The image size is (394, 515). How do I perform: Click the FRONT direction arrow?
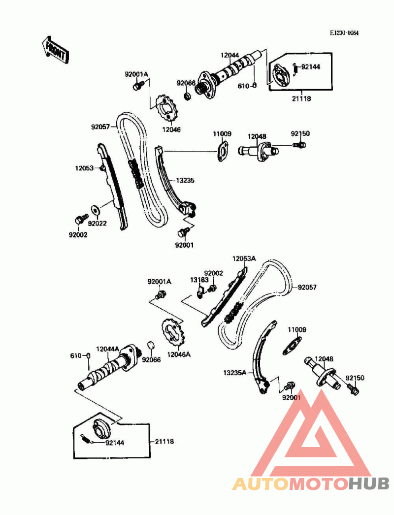pyautogui.click(x=55, y=48)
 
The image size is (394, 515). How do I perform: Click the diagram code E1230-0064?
pyautogui.click(x=344, y=33)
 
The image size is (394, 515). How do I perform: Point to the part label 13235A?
pyautogui.click(x=234, y=373)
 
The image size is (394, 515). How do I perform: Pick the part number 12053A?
pyautogui.click(x=244, y=258)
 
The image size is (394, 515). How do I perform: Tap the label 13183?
pyautogui.click(x=198, y=279)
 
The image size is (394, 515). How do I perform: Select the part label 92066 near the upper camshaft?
pyautogui.click(x=186, y=83)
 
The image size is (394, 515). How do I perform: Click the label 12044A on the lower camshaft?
pyautogui.click(x=107, y=349)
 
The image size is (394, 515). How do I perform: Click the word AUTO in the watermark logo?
pyautogui.click(x=261, y=483)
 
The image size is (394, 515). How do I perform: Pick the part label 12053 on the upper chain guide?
pyautogui.click(x=85, y=168)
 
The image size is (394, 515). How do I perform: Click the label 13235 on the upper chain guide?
pyautogui.click(x=185, y=181)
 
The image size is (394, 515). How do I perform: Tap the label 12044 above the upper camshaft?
pyautogui.click(x=230, y=55)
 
